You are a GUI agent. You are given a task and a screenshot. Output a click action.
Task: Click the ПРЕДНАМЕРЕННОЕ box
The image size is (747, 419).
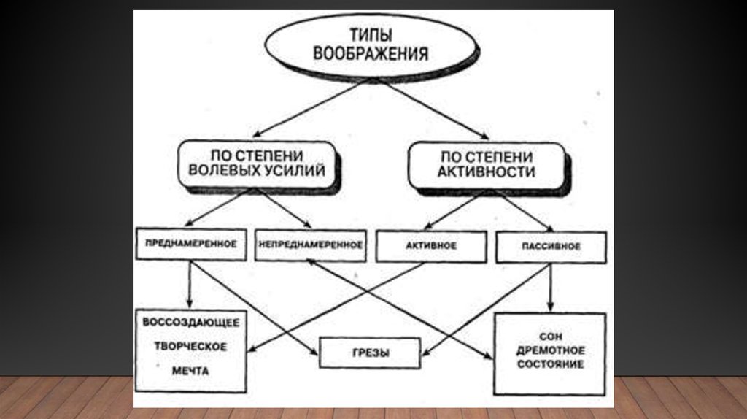tap(190, 245)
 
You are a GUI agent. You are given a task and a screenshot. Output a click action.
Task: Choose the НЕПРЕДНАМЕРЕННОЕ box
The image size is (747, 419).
tap(310, 245)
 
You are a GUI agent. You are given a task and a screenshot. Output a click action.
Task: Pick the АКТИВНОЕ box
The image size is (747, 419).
tap(430, 246)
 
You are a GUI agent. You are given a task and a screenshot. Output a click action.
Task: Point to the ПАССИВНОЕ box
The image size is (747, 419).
tap(551, 247)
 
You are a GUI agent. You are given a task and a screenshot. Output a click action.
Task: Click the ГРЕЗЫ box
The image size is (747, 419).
tap(370, 353)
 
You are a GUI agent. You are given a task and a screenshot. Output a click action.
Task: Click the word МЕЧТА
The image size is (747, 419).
tap(191, 371)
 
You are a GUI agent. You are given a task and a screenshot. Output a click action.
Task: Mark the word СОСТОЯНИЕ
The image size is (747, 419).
tap(549, 364)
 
